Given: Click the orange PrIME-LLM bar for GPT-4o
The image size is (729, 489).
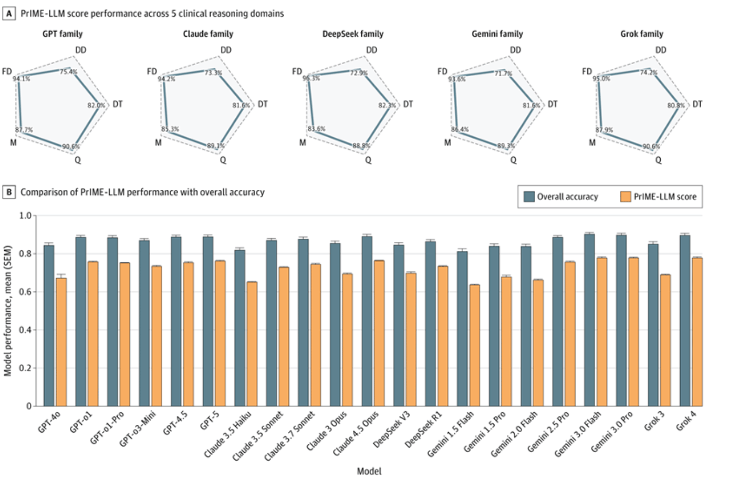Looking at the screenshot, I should (x=61, y=342).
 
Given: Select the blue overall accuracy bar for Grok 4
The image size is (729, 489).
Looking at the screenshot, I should (x=685, y=321).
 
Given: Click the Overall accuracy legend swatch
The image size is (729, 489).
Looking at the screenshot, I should (x=529, y=197).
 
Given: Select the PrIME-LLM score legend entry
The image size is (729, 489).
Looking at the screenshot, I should (x=664, y=197).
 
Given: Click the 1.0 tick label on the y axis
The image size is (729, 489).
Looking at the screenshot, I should (x=25, y=216).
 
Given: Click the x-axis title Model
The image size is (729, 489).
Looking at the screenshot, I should (x=369, y=471).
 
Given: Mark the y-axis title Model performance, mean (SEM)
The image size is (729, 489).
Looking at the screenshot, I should (x=8, y=311).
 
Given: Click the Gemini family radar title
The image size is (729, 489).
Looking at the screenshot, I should (x=497, y=34).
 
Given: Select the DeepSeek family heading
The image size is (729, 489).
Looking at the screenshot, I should (x=353, y=34).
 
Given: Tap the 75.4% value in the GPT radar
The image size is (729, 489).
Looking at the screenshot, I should (x=68, y=72).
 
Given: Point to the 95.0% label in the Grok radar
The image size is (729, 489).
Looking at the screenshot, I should (x=601, y=79).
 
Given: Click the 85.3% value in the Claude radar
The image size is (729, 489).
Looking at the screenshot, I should (x=170, y=129).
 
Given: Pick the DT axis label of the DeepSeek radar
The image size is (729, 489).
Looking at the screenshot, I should (x=408, y=104).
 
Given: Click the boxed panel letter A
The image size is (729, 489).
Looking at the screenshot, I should (x=9, y=13).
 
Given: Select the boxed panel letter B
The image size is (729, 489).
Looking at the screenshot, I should (x=9, y=192).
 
